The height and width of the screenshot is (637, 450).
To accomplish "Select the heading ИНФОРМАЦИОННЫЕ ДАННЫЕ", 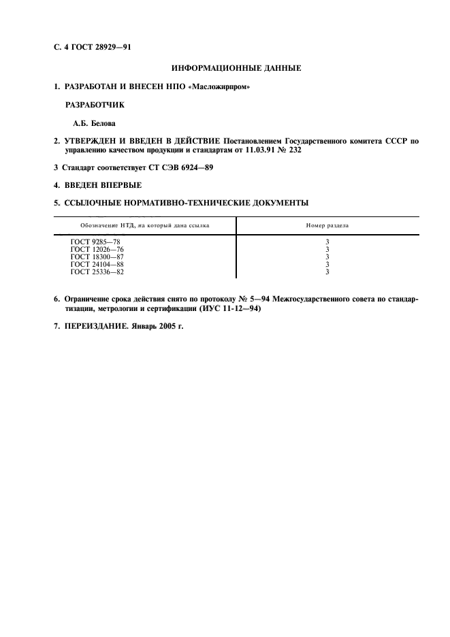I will (x=236, y=68).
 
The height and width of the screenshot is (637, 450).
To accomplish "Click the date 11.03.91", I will (x=251, y=150).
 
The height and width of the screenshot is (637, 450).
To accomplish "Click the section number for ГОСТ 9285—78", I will (x=327, y=242).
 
